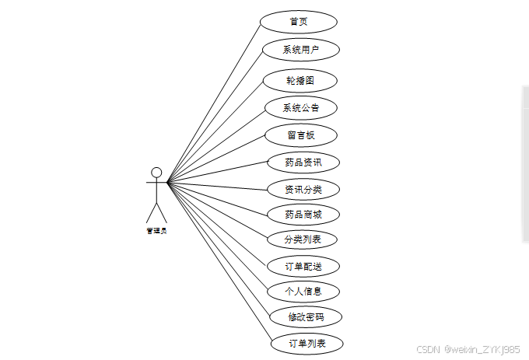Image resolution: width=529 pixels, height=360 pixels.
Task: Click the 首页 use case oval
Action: coord(298,21)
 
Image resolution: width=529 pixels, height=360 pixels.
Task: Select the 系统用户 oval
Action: coord(300,50)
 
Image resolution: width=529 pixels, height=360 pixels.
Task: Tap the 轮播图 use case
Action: coord(300,80)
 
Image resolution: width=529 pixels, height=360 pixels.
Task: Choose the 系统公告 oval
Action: coord(300,107)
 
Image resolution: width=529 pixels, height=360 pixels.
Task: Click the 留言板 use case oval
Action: coord(300,135)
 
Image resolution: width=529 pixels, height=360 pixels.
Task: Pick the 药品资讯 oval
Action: coord(303,163)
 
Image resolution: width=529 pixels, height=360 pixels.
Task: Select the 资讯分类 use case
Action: coord(303,189)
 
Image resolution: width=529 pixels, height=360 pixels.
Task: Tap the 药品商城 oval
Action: coord(303,214)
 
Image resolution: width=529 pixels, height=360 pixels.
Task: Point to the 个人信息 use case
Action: coord(303,292)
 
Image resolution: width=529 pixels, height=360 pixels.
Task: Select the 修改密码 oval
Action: coord(305,317)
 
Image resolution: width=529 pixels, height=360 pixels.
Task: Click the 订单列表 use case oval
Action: coord(307,343)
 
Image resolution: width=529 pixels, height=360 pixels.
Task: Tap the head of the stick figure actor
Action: coord(156,172)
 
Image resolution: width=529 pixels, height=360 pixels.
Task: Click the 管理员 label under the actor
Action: coord(156,230)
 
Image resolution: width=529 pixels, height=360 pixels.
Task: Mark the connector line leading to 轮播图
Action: coord(215,132)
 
